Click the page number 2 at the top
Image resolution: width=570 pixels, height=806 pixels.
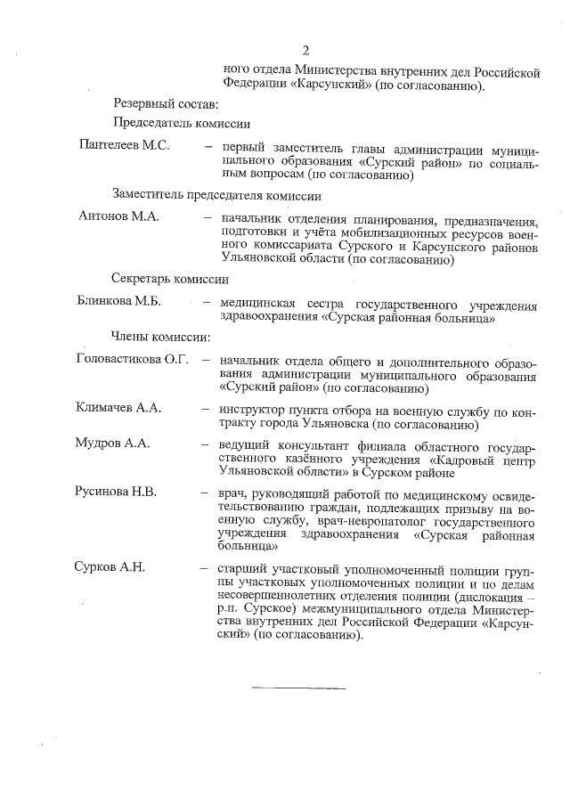(305, 50)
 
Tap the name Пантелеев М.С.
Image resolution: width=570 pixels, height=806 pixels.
(124, 145)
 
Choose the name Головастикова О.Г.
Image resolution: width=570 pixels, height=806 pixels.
(134, 360)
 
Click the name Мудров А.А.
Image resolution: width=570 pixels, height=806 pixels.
(113, 443)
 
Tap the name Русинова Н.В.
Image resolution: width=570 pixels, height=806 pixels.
(118, 490)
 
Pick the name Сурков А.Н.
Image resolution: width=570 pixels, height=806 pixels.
(111, 566)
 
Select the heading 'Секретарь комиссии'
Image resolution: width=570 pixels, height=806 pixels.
(170, 280)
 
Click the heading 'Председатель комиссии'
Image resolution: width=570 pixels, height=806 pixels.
(181, 124)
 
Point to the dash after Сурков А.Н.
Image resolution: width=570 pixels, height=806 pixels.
(206, 567)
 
